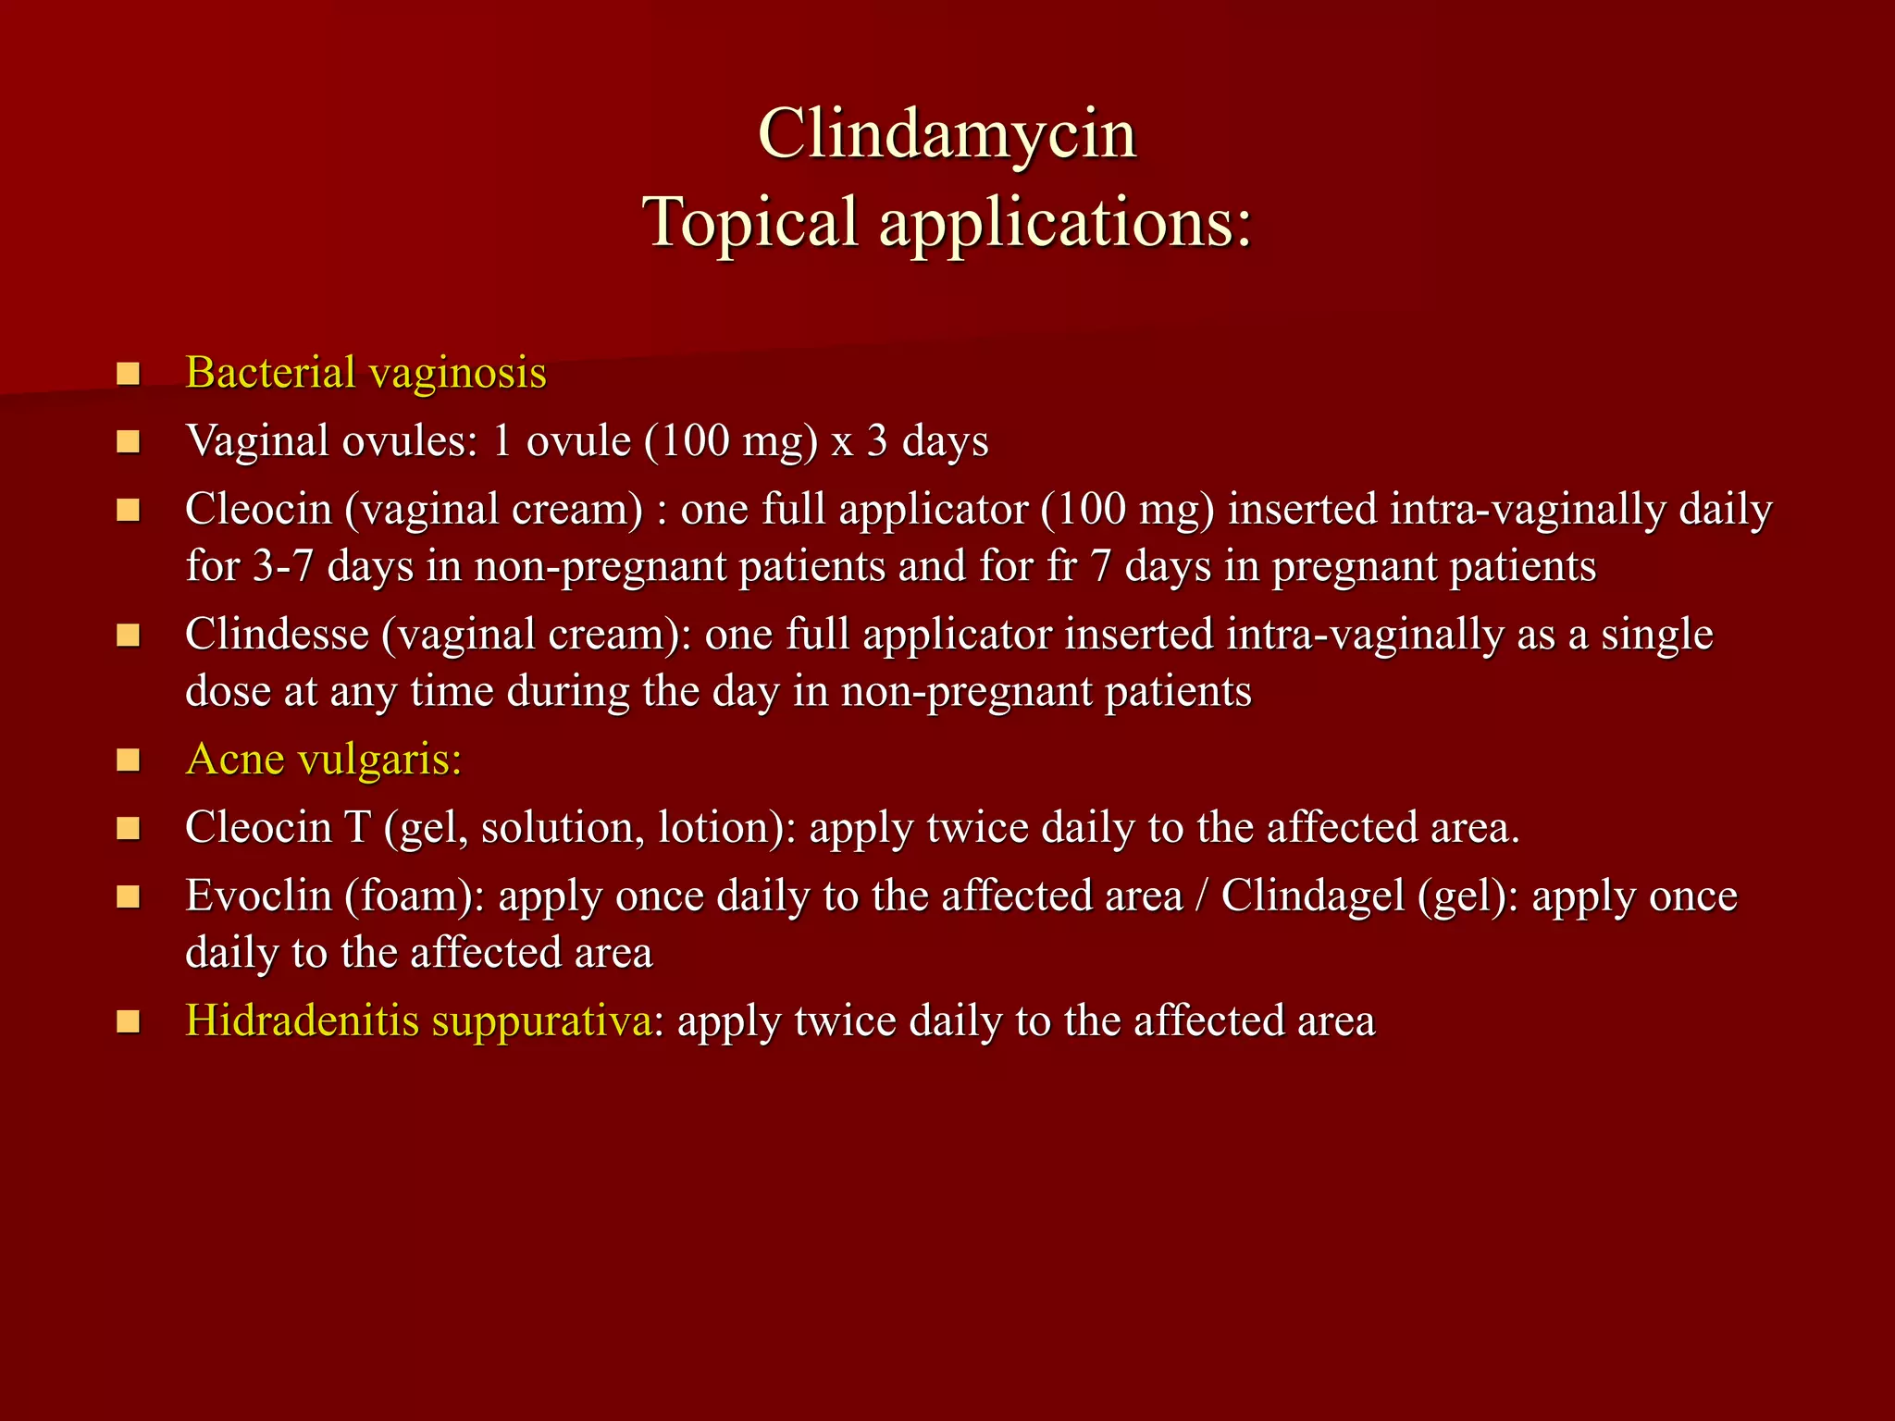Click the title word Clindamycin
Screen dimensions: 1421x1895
(947, 135)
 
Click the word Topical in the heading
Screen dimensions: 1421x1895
(751, 222)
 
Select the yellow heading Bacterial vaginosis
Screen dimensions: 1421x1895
(365, 374)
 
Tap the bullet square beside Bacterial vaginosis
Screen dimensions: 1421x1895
(128, 375)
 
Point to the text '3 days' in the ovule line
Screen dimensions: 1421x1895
(928, 441)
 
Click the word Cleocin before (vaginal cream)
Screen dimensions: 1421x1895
(258, 510)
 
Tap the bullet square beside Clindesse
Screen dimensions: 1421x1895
(128, 636)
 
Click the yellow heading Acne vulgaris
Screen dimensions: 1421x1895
(323, 760)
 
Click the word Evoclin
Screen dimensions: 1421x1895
(258, 896)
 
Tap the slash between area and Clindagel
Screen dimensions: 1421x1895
(1202, 896)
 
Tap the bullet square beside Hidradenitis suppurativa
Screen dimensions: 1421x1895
(128, 1021)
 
